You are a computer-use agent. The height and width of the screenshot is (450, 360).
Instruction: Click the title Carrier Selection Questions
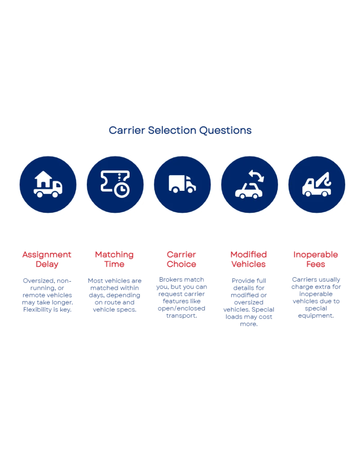[180, 131]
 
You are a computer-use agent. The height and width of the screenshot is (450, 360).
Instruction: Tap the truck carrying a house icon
[48, 184]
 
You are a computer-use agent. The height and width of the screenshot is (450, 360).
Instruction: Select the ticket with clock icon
[115, 184]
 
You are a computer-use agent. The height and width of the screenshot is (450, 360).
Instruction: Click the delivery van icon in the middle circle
[182, 184]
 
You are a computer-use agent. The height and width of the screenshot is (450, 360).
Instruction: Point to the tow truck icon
[316, 184]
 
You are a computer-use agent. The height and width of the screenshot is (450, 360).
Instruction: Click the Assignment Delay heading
[47, 260]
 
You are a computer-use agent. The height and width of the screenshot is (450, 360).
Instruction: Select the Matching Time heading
[114, 260]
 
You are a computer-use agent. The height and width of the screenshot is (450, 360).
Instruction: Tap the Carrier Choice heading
[181, 260]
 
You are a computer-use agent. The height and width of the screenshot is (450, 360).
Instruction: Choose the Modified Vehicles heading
[249, 260]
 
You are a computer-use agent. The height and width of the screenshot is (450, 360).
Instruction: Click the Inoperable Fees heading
[315, 260]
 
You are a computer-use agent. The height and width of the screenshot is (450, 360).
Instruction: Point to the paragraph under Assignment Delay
[47, 295]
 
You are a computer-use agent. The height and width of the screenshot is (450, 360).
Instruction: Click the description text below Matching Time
[114, 295]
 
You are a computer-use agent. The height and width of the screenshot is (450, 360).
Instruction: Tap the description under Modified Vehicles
[249, 301]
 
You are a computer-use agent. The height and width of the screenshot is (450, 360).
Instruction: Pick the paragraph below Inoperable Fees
[315, 298]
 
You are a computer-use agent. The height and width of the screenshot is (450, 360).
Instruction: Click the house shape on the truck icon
[44, 179]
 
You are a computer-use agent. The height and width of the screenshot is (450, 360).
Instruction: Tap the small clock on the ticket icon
[121, 190]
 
